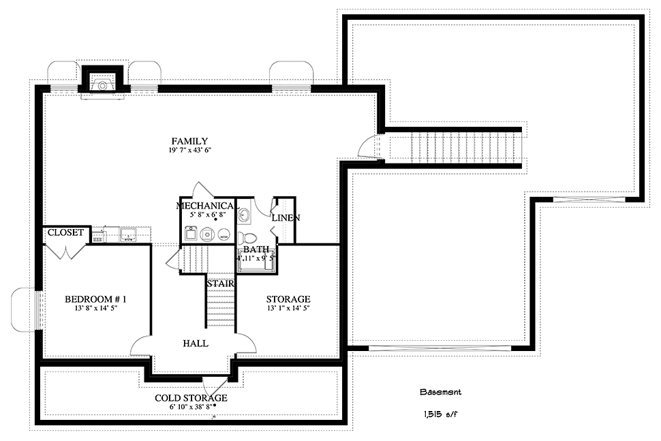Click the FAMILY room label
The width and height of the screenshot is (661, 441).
(x=189, y=141)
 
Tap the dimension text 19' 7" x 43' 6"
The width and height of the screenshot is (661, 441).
(x=189, y=151)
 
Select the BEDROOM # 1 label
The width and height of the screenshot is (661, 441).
(x=95, y=299)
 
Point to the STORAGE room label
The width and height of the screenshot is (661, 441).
(x=288, y=299)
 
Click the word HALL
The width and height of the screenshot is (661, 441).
(x=196, y=344)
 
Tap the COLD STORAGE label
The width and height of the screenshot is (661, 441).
(x=191, y=398)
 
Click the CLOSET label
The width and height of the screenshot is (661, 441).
(x=65, y=232)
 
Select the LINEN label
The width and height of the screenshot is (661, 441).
(x=286, y=218)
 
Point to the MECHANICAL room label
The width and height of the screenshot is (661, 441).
(x=205, y=206)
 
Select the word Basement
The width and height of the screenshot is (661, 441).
(x=440, y=392)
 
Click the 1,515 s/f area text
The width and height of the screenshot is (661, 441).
(x=440, y=414)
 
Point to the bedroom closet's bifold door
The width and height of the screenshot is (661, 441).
(x=65, y=252)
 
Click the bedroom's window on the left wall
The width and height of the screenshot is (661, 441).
(x=38, y=310)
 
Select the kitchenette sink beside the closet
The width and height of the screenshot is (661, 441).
(x=127, y=234)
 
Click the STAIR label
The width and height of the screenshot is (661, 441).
(x=220, y=284)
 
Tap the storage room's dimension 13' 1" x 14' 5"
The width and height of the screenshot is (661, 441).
(x=288, y=308)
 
